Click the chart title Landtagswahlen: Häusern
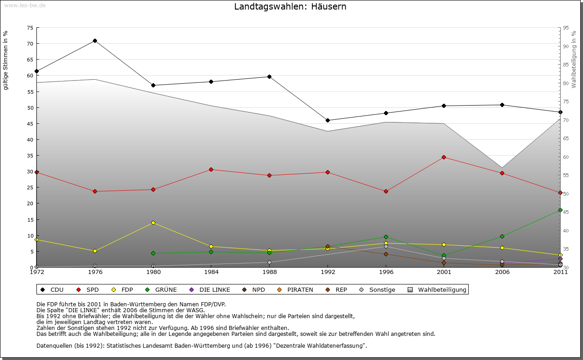(x=290, y=7)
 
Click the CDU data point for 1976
(x=95, y=41)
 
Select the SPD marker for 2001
(x=444, y=157)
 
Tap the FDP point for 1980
(x=153, y=223)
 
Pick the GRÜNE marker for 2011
(x=560, y=210)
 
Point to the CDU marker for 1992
(x=327, y=120)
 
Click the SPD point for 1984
(x=211, y=169)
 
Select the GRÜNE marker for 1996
(x=386, y=237)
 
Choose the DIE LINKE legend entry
(x=210, y=289)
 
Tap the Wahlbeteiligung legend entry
(x=438, y=289)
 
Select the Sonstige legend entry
(x=378, y=289)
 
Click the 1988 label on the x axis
(x=270, y=272)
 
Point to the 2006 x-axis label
(x=502, y=272)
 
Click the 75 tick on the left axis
(x=30, y=28)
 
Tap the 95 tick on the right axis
(x=566, y=28)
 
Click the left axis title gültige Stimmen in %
(x=6, y=60)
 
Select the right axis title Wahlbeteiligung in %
(x=574, y=59)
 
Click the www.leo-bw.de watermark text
(x=25, y=5)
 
